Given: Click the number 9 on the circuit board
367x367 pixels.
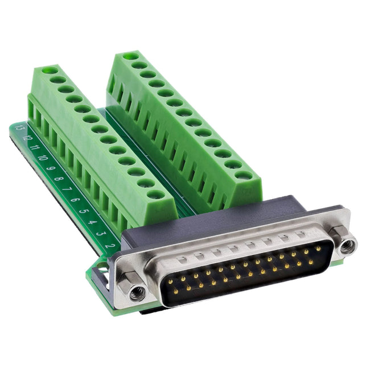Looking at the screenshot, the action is (x=51, y=168).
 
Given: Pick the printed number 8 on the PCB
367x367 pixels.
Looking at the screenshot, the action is (x=59, y=179).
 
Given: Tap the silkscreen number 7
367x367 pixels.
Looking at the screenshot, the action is (x=67, y=189).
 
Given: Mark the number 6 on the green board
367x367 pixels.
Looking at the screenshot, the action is (x=75, y=200).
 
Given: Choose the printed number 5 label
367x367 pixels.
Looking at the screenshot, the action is (x=84, y=211).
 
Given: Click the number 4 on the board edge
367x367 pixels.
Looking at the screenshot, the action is (x=93, y=222).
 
